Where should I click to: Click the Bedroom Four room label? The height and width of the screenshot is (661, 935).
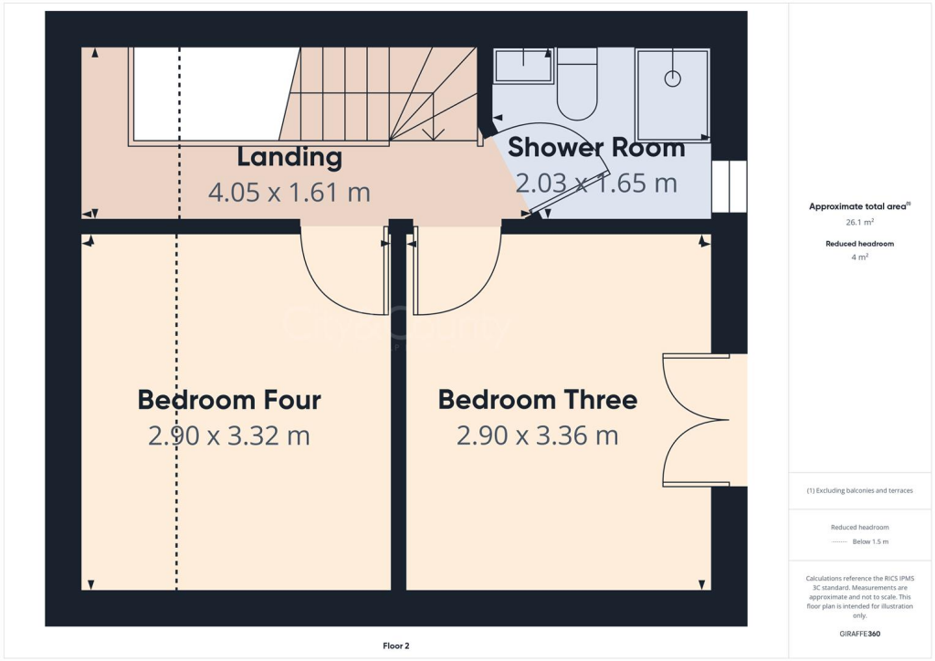tap(229, 400)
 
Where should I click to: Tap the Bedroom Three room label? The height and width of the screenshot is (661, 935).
tap(537, 400)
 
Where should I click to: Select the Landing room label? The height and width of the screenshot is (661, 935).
tap(289, 157)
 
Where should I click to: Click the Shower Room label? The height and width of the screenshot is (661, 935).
tap(595, 148)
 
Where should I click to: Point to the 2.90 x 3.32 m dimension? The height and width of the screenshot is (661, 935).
tap(229, 436)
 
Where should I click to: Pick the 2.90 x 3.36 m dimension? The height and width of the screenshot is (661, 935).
tap(537, 436)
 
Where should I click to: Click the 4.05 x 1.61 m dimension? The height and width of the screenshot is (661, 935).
tap(289, 193)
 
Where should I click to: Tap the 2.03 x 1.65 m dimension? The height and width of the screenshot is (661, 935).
tap(596, 184)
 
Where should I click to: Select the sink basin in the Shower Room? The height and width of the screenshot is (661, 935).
tap(523, 66)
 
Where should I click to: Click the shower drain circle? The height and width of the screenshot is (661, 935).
tap(673, 79)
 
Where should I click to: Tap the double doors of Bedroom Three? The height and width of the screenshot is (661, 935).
tap(694, 421)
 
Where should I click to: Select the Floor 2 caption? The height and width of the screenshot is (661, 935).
tap(395, 646)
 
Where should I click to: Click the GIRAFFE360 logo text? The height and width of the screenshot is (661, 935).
tap(859, 634)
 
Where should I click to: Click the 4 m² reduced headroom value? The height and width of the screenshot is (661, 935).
tap(859, 257)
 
